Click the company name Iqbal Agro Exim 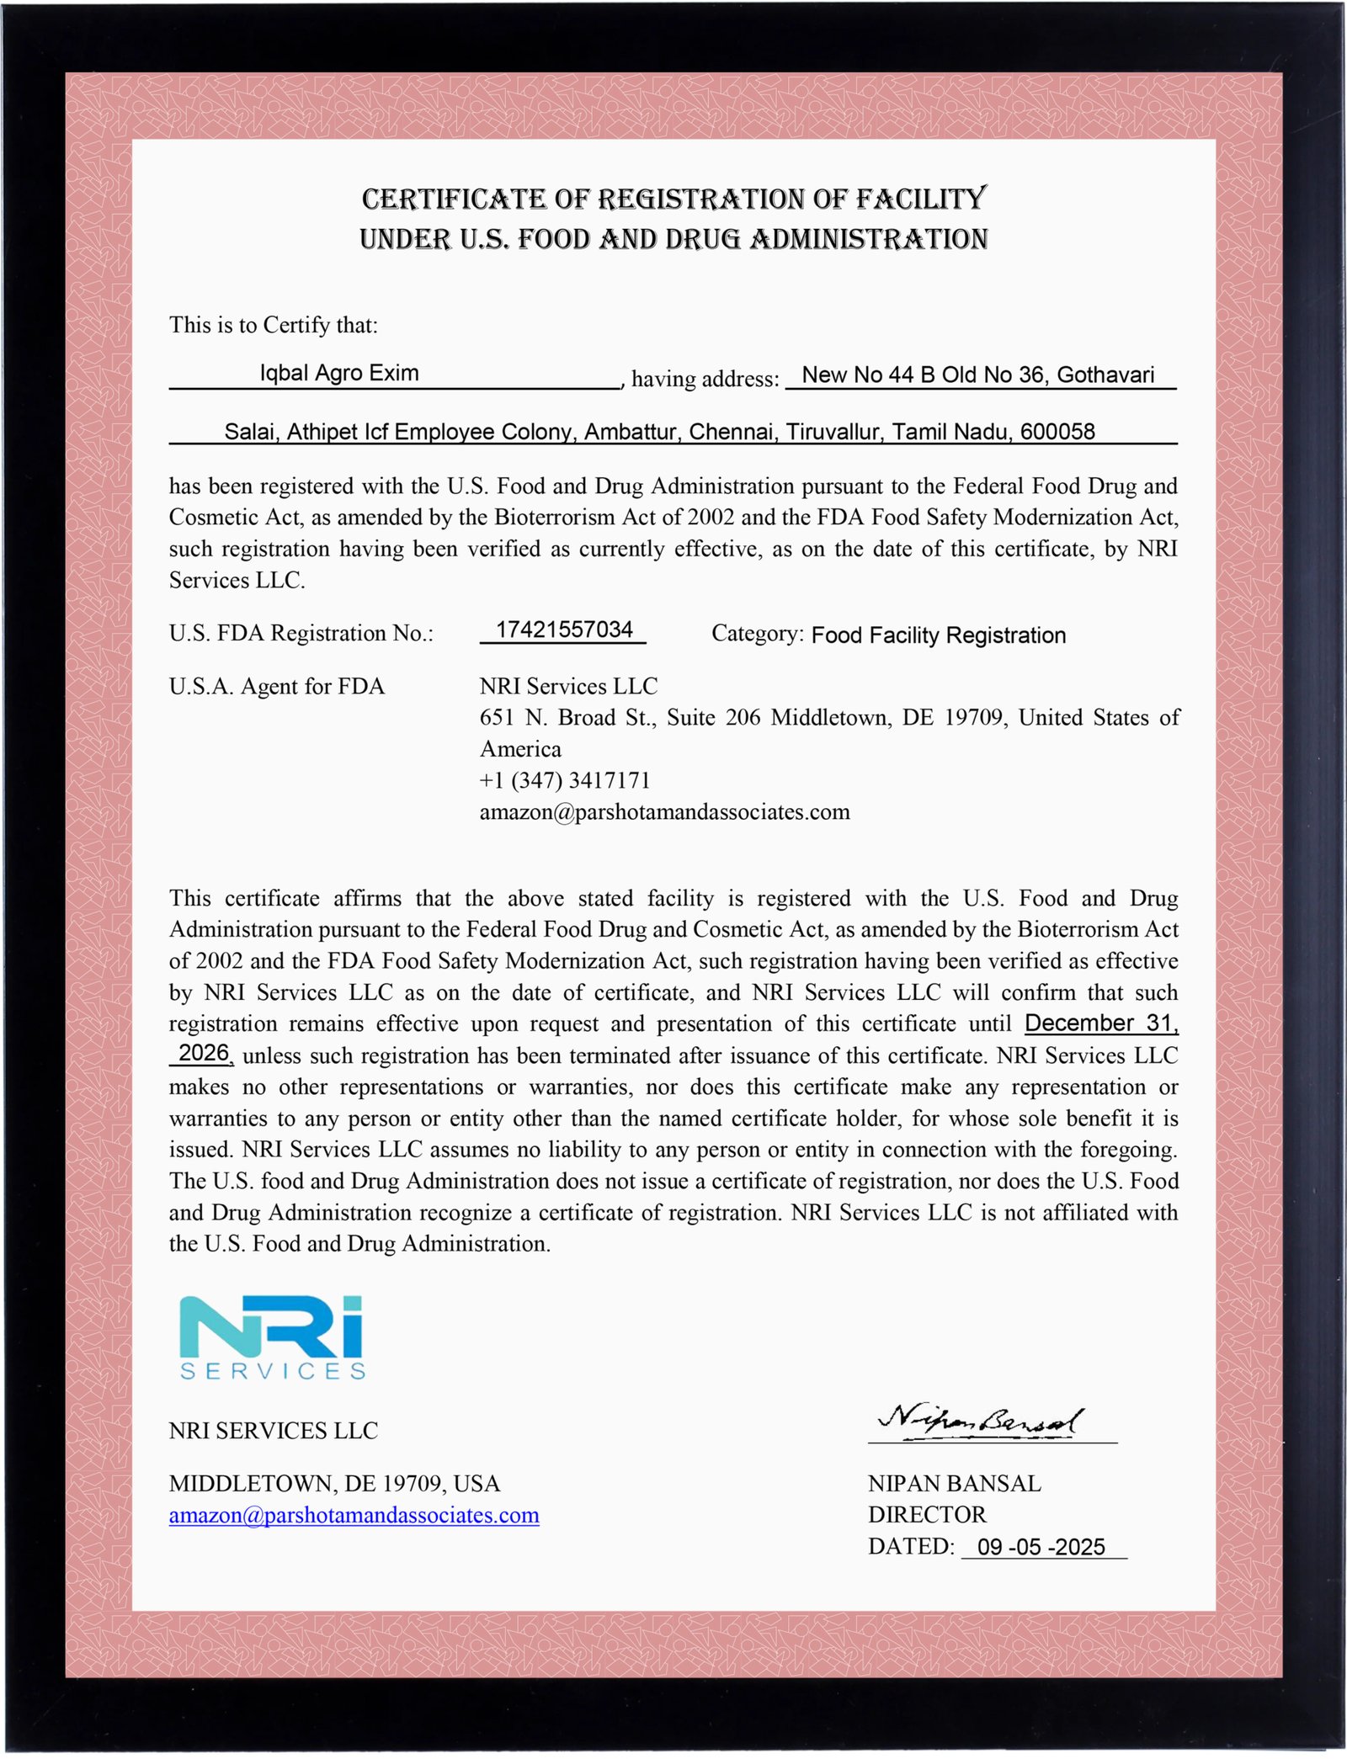(x=338, y=373)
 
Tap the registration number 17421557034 (x=563, y=630)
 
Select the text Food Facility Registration (x=938, y=635)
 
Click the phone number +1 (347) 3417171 (x=565, y=780)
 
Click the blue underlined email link (x=354, y=1515)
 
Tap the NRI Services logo (x=272, y=1337)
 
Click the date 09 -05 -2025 (x=1041, y=1547)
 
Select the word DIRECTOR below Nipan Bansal (x=926, y=1515)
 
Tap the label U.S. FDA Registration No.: (x=301, y=633)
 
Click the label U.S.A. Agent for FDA (x=276, y=687)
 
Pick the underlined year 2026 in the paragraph (x=203, y=1053)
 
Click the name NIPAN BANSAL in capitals (x=954, y=1483)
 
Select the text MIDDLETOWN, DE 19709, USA (x=334, y=1483)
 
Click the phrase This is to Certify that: (x=273, y=325)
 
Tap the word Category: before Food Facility (x=757, y=633)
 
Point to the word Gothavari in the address (x=1105, y=375)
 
